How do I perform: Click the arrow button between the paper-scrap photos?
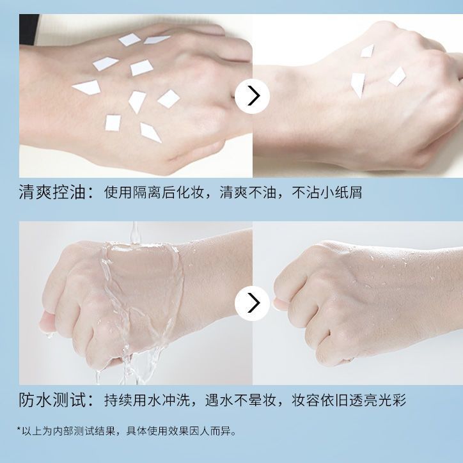252,96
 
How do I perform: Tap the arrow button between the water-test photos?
252,303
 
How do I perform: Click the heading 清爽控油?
52,192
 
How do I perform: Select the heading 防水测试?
52,400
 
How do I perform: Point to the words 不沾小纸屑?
327,192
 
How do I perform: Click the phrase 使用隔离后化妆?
153,192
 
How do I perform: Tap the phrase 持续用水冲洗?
146,400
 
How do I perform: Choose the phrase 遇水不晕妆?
240,400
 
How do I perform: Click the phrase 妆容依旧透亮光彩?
349,400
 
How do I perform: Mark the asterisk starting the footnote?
19,428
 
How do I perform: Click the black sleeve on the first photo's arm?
28,29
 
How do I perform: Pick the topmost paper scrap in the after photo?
367,51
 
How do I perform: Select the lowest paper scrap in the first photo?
150,132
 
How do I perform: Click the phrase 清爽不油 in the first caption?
247,192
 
